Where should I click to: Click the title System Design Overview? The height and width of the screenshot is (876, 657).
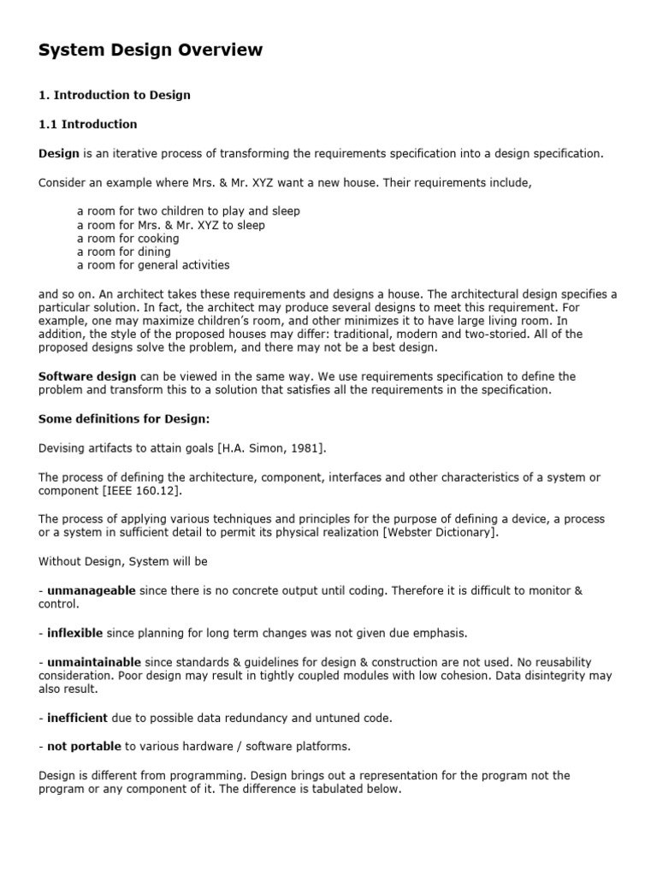[151, 51]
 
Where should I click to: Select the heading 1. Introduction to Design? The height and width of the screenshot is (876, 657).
[115, 95]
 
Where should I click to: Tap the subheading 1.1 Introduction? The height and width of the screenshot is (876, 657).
[88, 124]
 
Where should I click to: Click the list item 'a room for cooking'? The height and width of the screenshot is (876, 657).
[127, 239]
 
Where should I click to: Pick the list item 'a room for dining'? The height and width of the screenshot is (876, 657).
[123, 252]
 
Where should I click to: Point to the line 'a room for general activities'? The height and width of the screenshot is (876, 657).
[153, 265]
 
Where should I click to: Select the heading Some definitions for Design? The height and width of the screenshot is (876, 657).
[124, 418]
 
